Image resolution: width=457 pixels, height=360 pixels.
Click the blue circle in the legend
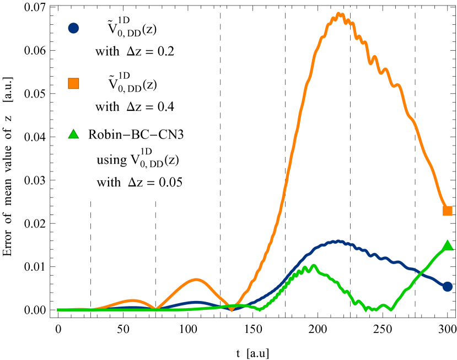coord(73,28)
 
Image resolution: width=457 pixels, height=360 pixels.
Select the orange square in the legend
coord(73,83)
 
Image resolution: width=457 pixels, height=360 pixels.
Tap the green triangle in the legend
coord(73,134)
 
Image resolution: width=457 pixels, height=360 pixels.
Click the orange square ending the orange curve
coord(448,211)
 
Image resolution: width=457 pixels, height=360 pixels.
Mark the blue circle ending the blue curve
coord(448,286)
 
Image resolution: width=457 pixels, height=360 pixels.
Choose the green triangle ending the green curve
coord(448,245)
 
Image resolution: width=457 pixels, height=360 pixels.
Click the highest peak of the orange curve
coord(340,13)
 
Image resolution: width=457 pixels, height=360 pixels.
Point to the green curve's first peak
coord(313,266)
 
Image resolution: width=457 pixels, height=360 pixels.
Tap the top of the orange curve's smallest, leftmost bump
coord(133,300)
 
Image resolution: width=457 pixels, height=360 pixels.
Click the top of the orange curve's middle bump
coord(196,280)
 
